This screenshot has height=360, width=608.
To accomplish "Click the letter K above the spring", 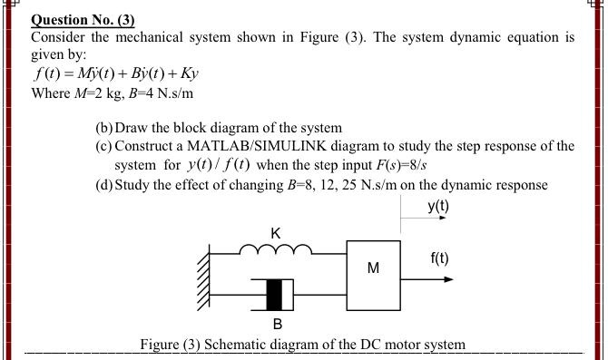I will pyautogui.click(x=275, y=232).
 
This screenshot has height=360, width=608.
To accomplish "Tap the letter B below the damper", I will pyautogui.click(x=277, y=324).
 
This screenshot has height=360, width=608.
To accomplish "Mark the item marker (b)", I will pyautogui.click(x=104, y=128).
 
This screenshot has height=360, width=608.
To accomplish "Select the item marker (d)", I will pyautogui.click(x=104, y=184).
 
